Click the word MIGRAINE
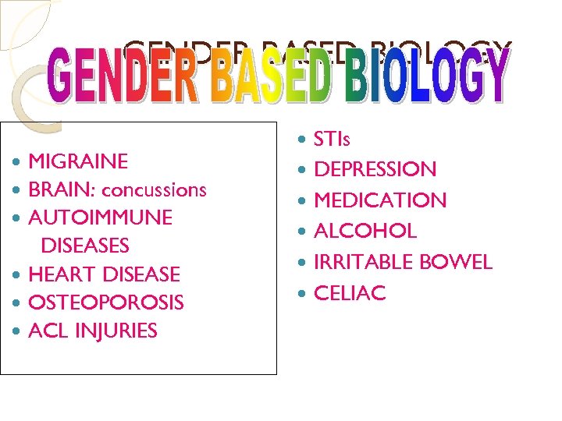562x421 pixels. (78, 162)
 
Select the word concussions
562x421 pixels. (154, 190)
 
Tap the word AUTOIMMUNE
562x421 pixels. (100, 218)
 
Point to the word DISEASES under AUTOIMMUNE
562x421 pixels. (84, 246)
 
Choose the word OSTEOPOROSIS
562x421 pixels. (106, 302)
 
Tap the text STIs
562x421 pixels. (332, 140)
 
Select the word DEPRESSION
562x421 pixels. (375, 170)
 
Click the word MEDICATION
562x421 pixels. (380, 200)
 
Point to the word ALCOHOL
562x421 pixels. (365, 232)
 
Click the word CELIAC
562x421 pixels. (350, 293)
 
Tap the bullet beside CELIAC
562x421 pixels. (303, 293)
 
